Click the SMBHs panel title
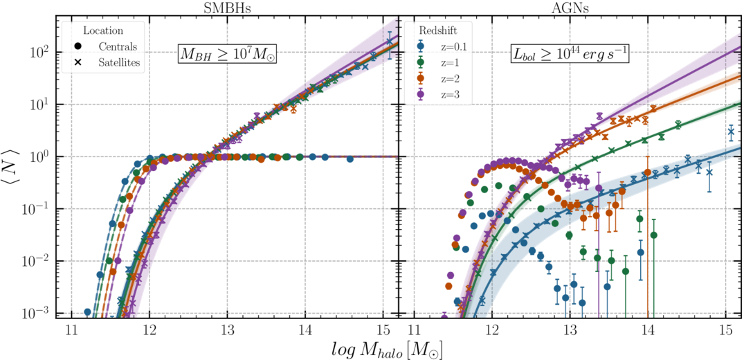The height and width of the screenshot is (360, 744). tap(227, 8)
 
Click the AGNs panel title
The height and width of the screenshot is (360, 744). tap(570, 8)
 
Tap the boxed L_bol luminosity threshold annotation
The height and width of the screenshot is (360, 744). tap(570, 54)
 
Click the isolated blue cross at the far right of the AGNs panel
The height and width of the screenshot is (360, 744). tap(730, 132)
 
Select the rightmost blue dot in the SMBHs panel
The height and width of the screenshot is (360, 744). tap(350, 159)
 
